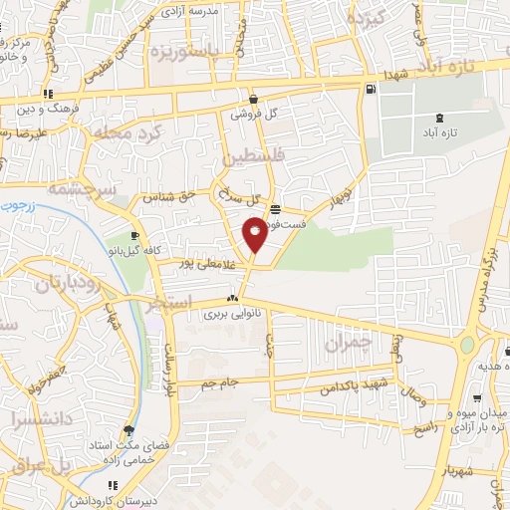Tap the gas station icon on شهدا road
371,90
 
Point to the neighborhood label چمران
348,344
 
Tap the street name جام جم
220,382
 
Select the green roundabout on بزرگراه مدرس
466,346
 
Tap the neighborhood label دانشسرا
36,419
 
